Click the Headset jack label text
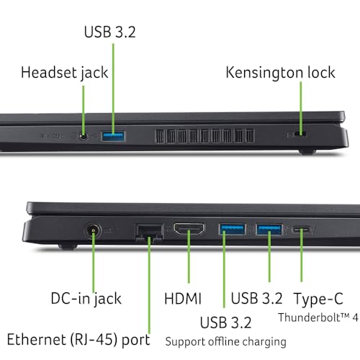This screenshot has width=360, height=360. click(64, 73)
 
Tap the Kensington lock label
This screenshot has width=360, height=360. click(280, 73)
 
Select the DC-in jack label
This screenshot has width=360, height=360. click(86, 299)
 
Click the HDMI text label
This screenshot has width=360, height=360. click(183, 299)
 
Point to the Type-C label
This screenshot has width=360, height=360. click(318, 300)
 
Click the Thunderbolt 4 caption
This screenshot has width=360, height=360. click(318, 318)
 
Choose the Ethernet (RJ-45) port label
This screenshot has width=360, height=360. click(78, 340)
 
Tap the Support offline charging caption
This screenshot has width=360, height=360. click(225, 342)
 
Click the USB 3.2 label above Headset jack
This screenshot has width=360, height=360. click(110, 32)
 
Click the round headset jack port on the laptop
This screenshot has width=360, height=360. click(84, 137)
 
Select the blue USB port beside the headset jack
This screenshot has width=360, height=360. click(113, 136)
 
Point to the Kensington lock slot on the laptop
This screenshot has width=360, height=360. click(301, 134)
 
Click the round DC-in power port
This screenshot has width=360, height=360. click(93, 231)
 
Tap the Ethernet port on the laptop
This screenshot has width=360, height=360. click(149, 232)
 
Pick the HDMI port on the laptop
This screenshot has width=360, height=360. click(189, 229)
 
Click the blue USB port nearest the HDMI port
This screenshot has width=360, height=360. click(232, 229)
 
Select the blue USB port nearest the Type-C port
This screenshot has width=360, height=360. click(269, 230)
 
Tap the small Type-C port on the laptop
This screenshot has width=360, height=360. click(301, 230)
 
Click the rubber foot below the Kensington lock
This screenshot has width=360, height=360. click(307, 152)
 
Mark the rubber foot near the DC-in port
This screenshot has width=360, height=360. click(68, 246)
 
